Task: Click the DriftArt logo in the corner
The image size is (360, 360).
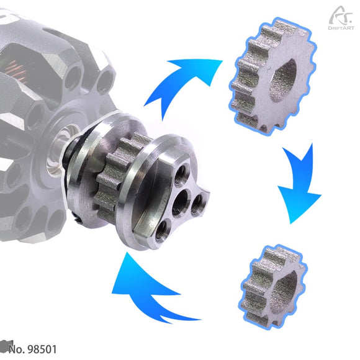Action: [x=341, y=18]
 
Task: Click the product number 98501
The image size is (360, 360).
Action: [x=42, y=349]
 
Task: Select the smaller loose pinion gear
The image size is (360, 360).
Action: [x=272, y=287]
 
